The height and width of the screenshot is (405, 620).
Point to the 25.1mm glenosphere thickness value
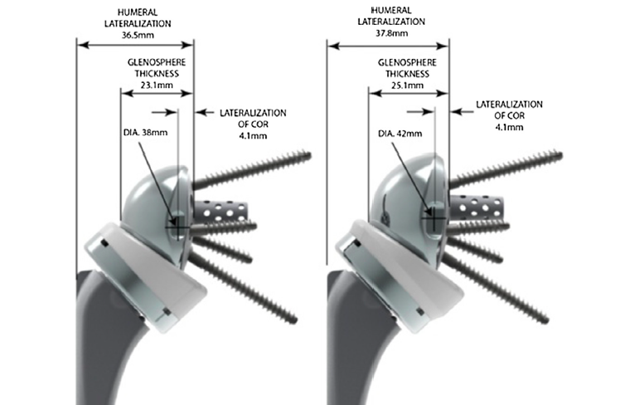[406, 84]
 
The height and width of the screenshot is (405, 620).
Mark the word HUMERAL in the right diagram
[385, 11]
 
